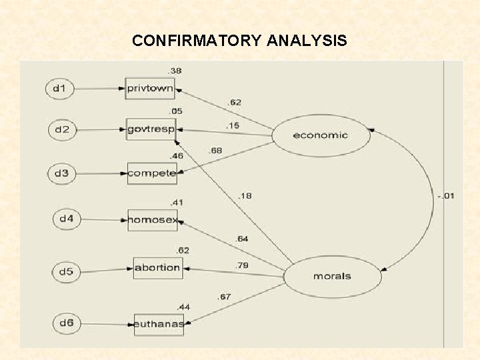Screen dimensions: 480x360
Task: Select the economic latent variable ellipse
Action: point(320,135)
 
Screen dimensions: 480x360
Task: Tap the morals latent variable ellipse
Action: point(331,275)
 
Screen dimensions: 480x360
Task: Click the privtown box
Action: point(150,88)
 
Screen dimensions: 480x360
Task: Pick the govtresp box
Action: point(151,129)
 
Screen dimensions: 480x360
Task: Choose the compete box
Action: point(151,173)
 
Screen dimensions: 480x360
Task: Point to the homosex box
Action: point(153,219)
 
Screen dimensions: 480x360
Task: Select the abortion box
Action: point(157,268)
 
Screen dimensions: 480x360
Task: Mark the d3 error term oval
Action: point(62,173)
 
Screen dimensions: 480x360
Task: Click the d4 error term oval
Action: point(67,219)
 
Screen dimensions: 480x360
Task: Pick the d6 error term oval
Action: point(66,324)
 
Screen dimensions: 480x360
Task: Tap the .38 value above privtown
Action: point(175,71)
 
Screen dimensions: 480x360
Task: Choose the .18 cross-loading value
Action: point(245,195)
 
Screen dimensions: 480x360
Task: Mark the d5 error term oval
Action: point(67,272)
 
